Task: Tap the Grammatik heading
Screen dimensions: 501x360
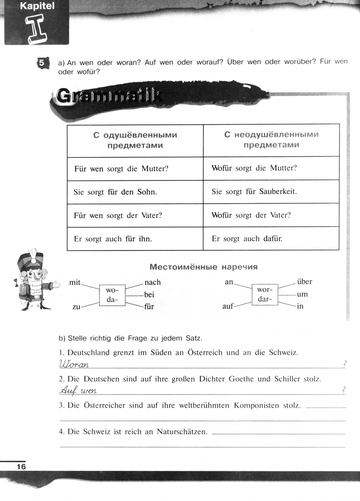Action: click(x=109, y=97)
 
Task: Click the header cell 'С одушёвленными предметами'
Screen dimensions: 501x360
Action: click(x=135, y=140)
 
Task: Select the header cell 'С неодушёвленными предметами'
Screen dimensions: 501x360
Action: click(x=271, y=140)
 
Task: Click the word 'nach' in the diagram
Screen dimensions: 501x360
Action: click(x=153, y=282)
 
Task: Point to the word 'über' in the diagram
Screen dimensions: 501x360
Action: click(x=304, y=282)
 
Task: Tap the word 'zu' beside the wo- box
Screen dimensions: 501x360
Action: click(x=76, y=307)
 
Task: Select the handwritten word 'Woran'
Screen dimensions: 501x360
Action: click(x=74, y=365)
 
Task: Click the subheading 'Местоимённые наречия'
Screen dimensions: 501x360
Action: click(x=203, y=267)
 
